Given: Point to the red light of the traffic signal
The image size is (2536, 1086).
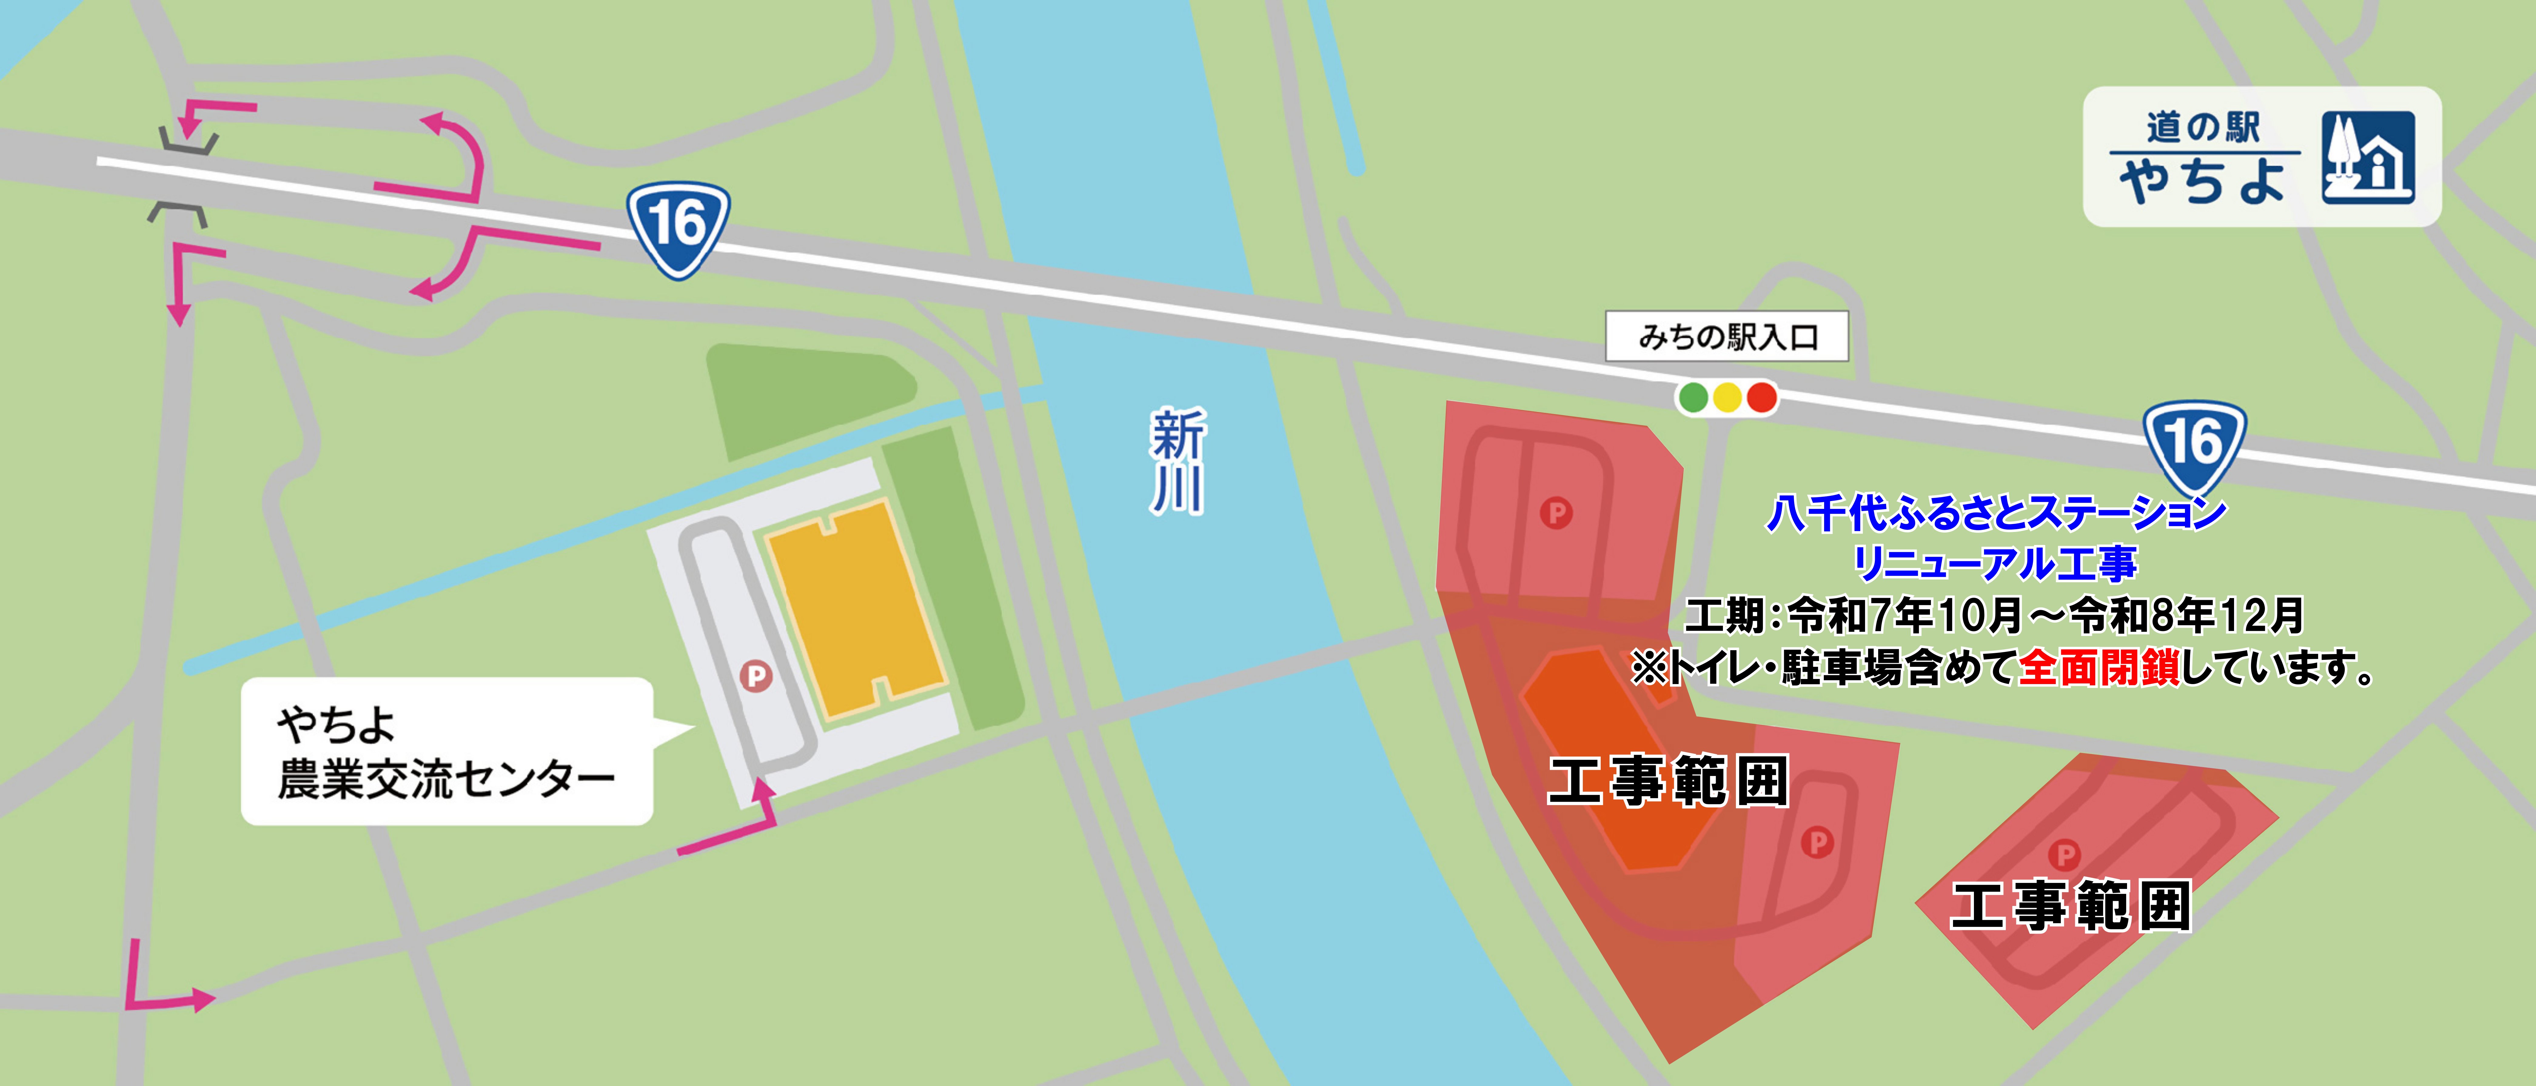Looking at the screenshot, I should tap(1761, 398).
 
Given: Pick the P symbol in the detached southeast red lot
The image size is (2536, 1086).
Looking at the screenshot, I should tap(2065, 856).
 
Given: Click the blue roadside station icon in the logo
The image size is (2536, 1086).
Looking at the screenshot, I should tap(2368, 158).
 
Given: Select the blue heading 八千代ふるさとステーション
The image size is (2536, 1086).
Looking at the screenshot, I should tap(1996, 513).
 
